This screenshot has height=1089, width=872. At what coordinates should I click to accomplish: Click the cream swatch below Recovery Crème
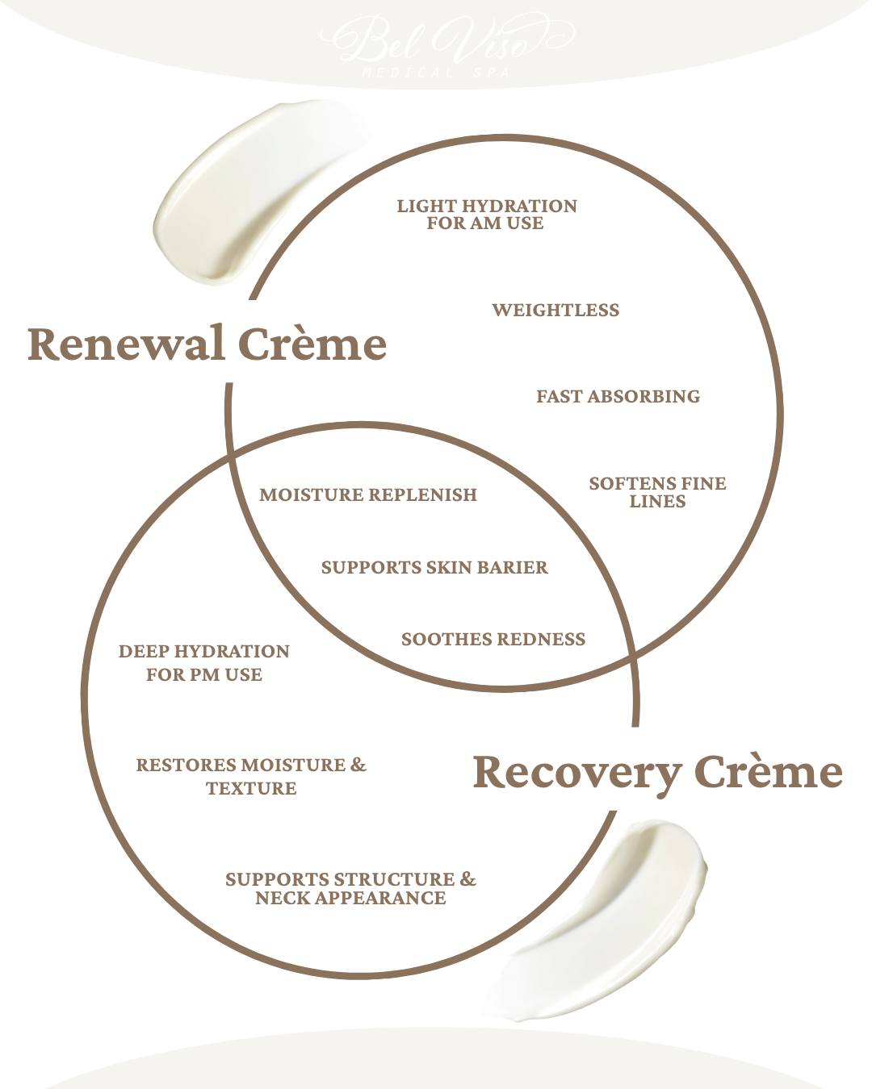click(x=606, y=920)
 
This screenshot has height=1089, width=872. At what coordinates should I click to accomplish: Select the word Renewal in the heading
click(x=126, y=344)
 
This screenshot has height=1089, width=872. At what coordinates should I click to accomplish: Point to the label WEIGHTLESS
click(x=555, y=311)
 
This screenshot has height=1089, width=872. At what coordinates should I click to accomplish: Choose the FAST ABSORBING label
click(x=618, y=397)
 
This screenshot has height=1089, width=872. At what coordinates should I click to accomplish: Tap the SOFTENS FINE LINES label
click(x=657, y=492)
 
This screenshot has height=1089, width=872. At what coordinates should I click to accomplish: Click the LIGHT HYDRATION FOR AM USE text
click(x=486, y=215)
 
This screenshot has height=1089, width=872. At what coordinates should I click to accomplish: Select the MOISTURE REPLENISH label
click(x=368, y=495)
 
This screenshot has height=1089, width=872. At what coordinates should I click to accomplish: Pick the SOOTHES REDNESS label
click(x=493, y=640)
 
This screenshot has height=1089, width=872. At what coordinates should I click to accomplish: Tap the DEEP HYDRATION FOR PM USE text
click(x=203, y=663)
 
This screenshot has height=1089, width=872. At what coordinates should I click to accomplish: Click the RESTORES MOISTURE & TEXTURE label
click(x=250, y=776)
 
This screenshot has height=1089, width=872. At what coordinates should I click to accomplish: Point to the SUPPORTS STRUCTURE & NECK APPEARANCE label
click(x=350, y=888)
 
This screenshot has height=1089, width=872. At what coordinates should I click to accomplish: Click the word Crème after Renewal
click(x=312, y=344)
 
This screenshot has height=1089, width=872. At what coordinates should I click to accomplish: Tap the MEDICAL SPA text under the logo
click(x=436, y=73)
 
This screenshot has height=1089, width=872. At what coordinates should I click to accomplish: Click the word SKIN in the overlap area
click(x=448, y=568)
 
